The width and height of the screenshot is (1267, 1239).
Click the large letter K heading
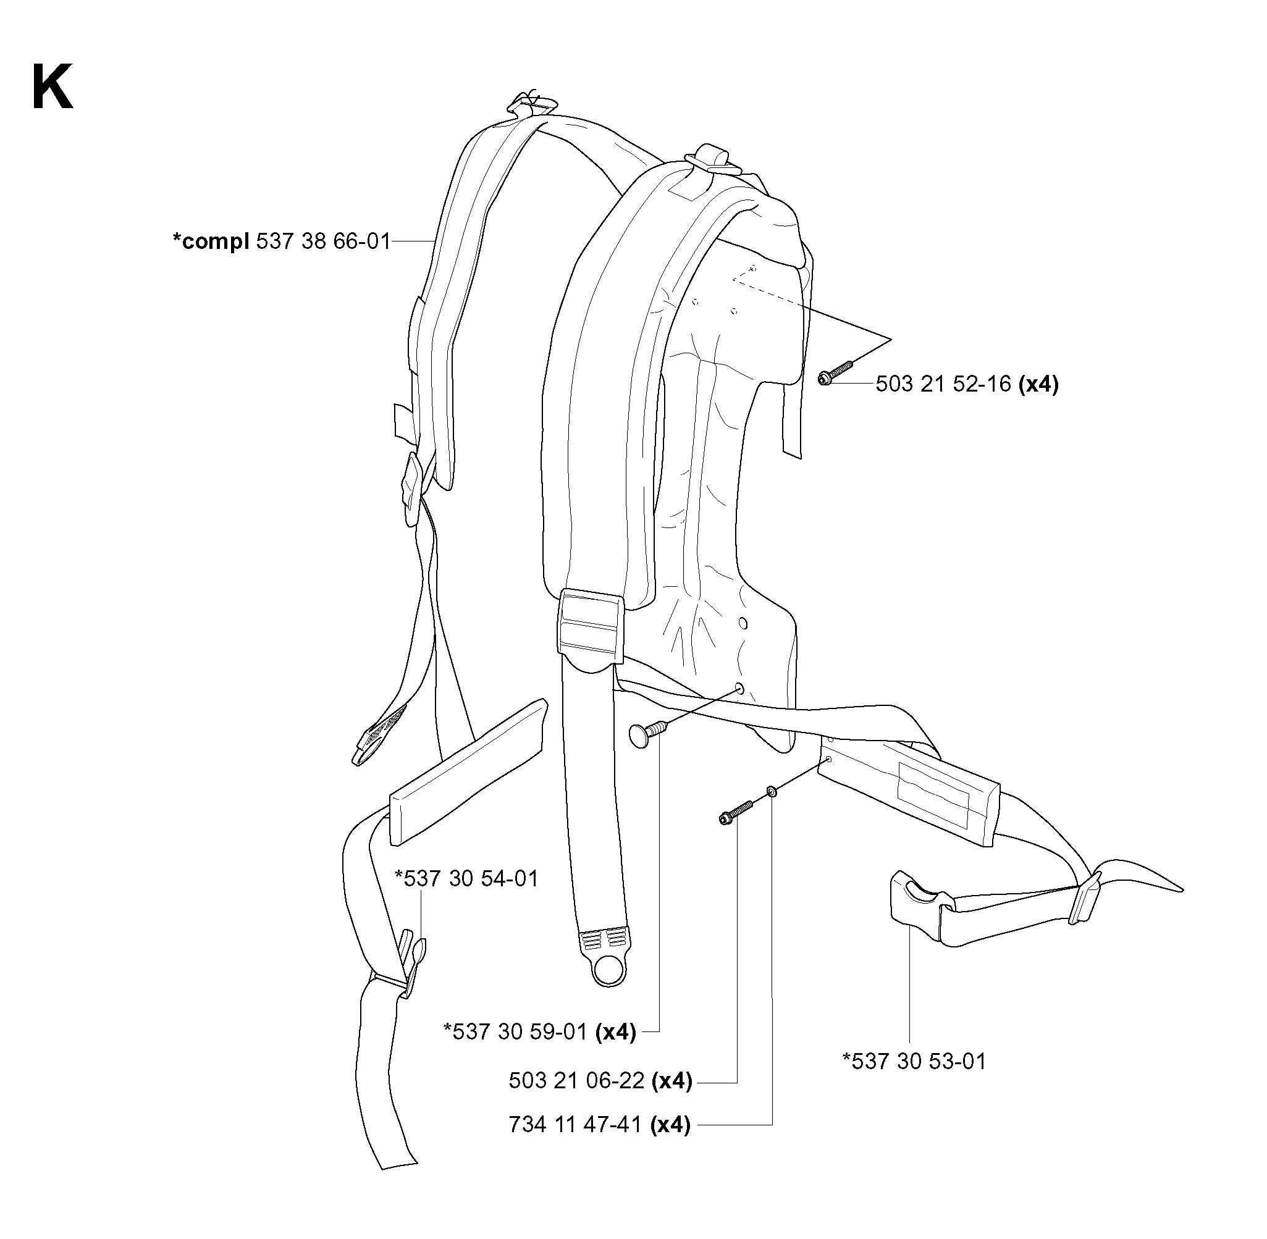pos(52,88)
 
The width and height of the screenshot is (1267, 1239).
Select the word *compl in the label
pos(211,242)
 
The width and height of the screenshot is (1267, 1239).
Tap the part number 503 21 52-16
pos(943,384)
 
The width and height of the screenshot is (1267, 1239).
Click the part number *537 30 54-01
pos(466,878)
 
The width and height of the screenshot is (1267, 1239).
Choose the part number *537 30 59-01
pos(515,1031)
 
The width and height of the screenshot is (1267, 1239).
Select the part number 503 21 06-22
pos(576,1081)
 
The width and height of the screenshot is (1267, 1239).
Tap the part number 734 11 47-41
pos(575,1125)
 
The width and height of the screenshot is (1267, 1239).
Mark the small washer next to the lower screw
pos(771,791)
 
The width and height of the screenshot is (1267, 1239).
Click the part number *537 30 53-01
pos(914,1061)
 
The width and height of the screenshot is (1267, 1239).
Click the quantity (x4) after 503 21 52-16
pos(1038,384)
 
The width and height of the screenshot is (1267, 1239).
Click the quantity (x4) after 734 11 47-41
pos(670,1125)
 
